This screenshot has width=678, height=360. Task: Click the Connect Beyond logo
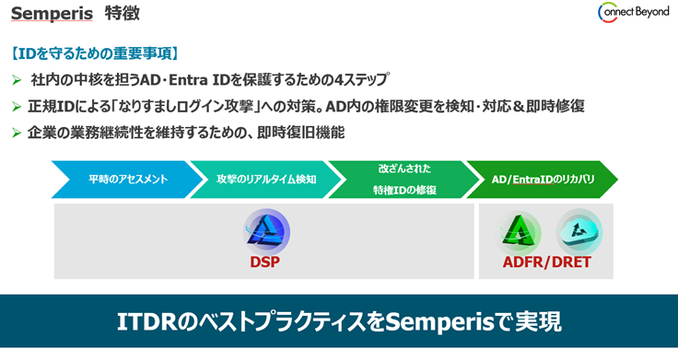tap(633, 13)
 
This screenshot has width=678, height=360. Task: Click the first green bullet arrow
tap(17, 80)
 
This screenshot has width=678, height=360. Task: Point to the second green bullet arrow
tap(17, 107)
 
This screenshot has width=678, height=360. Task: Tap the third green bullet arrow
tap(17, 134)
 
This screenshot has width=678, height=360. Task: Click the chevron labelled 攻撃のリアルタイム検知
tap(264, 180)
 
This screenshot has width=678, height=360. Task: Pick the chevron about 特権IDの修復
tap(403, 180)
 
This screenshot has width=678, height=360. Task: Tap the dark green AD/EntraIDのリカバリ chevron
tap(542, 180)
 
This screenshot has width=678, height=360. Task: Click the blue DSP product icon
tap(266, 230)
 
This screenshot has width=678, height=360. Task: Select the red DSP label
tap(264, 262)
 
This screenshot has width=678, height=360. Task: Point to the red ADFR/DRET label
tap(549, 262)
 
